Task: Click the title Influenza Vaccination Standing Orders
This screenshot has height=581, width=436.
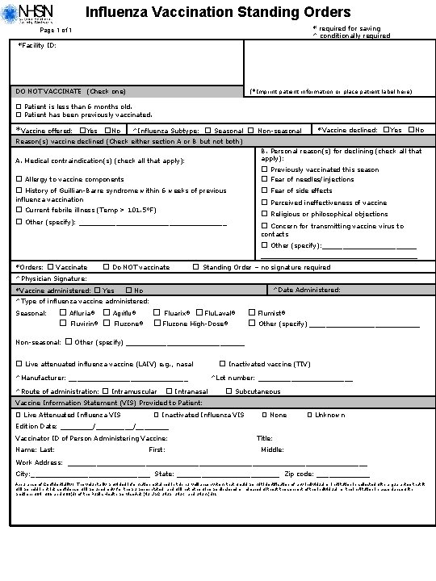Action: [x=218, y=12]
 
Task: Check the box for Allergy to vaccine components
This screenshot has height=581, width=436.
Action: [x=19, y=179]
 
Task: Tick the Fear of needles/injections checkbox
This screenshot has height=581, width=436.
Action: [x=265, y=180]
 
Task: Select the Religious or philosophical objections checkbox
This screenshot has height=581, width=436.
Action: [x=265, y=214]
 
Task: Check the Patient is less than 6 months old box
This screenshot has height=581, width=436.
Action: [x=19, y=107]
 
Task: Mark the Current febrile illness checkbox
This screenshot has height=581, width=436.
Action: [x=19, y=210]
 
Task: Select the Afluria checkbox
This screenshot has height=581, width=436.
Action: [x=64, y=312]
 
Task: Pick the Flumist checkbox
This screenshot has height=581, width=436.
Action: [x=251, y=312]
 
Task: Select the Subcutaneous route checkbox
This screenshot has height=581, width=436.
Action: [x=229, y=391]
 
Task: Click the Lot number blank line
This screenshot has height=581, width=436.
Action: [x=304, y=378]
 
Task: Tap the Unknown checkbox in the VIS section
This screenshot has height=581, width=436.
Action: [x=309, y=415]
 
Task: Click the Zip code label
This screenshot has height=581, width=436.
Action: [x=299, y=474]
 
